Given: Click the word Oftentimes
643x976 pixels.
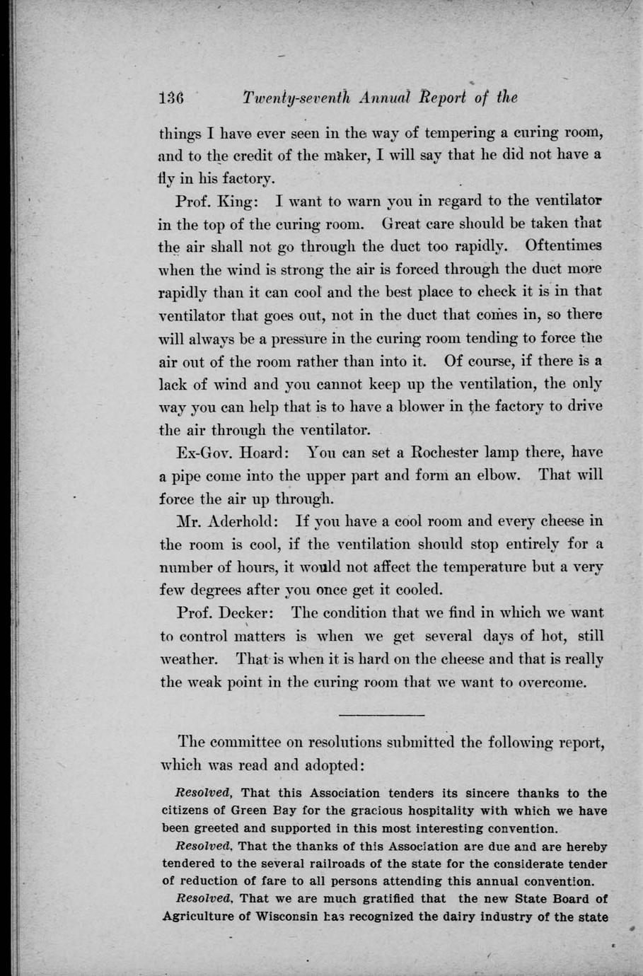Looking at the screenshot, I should [x=564, y=246].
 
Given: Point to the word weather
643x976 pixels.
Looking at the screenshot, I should [x=187, y=659].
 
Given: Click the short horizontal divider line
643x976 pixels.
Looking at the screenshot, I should [x=382, y=715].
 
